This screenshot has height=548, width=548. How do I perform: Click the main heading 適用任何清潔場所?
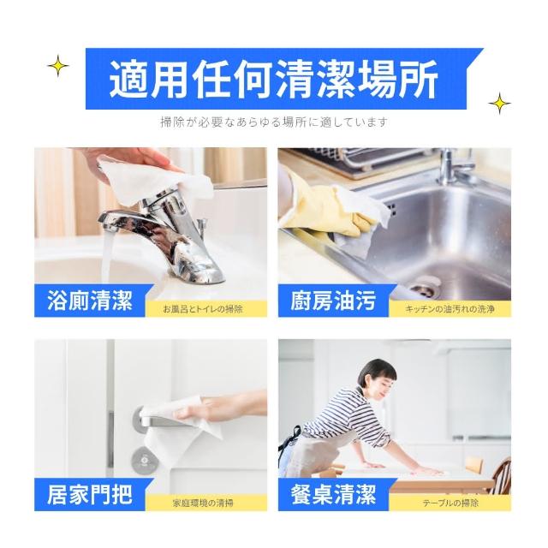(x=274, y=80)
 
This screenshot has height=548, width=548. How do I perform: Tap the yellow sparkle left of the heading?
(x=58, y=66)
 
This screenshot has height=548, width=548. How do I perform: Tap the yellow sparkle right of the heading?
(x=499, y=104)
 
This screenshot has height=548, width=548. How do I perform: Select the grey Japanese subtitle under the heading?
(x=274, y=122)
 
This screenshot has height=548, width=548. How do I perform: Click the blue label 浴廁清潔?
(x=90, y=301)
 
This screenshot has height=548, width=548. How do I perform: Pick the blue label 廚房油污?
(x=333, y=301)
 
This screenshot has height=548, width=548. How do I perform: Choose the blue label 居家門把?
(x=90, y=494)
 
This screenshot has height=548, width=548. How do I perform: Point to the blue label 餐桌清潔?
(x=333, y=494)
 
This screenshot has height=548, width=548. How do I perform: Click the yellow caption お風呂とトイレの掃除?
(x=203, y=309)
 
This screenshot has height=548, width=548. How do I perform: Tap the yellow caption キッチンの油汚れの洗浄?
(x=450, y=309)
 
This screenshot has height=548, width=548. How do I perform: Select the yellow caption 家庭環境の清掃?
(x=203, y=503)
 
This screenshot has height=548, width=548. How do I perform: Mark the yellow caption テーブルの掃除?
(x=450, y=503)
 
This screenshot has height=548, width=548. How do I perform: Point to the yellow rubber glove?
(x=327, y=206)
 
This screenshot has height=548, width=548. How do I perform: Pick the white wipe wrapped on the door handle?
(x=182, y=416)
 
